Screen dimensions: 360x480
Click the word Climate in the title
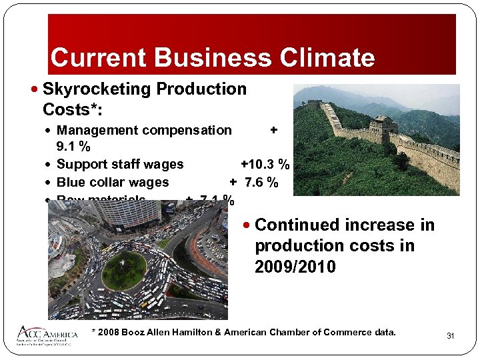coord(325,57)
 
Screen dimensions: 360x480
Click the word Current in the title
coord(92,57)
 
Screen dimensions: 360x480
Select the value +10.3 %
coord(265,164)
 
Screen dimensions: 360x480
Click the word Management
coord(98,130)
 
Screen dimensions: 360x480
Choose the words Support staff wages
coord(120,164)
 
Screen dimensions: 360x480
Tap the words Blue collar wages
coord(113,182)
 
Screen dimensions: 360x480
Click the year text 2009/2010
coord(295,267)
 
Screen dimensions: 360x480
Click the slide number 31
coord(450,336)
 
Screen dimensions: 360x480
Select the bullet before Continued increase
coord(247,225)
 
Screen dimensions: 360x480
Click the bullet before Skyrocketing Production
coord(35,89)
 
